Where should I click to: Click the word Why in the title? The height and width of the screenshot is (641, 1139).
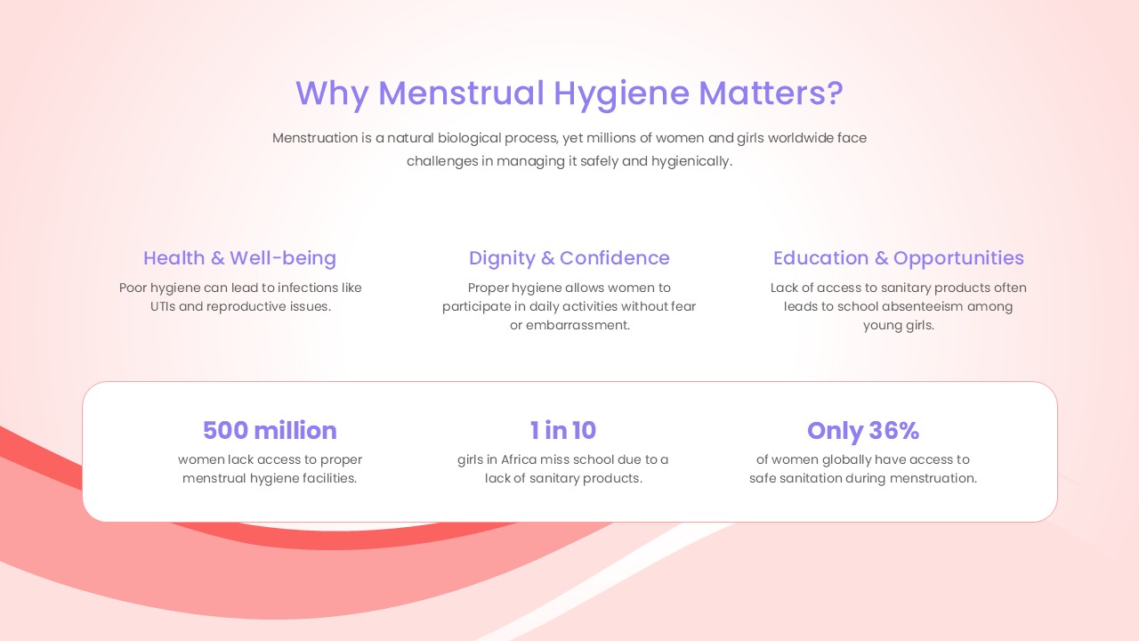tap(332, 93)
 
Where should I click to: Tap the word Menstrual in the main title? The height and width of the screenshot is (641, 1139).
tap(461, 93)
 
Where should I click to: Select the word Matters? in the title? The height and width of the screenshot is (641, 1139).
tap(771, 93)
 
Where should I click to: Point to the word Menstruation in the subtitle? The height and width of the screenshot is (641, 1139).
tap(315, 138)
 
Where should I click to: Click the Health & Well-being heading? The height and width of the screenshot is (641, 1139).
tap(239, 258)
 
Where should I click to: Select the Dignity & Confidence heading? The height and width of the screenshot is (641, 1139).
tap(569, 258)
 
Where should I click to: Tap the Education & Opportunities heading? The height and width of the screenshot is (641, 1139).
tap(899, 258)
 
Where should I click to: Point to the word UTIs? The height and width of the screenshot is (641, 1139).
tap(162, 307)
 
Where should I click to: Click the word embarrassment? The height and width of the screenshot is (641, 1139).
tap(578, 325)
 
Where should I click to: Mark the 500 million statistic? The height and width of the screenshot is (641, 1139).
tap(270, 430)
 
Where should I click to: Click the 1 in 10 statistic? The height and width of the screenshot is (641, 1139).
tap(563, 430)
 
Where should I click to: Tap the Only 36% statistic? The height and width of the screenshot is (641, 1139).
tap(863, 431)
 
